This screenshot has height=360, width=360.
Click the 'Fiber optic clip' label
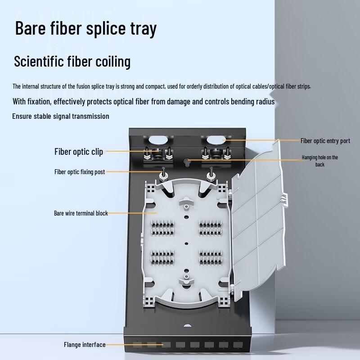pos(78,152)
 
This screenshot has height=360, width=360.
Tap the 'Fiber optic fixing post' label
pos(80,172)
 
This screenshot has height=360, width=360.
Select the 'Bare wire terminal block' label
pos(81,213)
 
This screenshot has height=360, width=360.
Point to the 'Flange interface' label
pos(85,345)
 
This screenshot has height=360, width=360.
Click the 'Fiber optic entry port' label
pos(325,141)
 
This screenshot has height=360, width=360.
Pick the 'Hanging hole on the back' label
pos(320,161)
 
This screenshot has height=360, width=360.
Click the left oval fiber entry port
pos(158,140)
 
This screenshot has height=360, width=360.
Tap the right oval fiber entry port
pos(216,140)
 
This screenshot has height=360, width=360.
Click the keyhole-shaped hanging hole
pos(188,162)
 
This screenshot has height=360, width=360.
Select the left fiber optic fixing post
pos(163,175)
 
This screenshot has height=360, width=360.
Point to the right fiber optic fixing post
pos(210,175)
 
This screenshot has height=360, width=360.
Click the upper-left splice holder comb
pos(162,228)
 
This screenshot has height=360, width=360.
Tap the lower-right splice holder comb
pos(211,257)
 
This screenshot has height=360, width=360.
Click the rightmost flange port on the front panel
pos(238,345)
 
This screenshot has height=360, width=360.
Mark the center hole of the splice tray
pos(186,243)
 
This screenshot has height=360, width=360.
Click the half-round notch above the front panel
pos(188,325)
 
